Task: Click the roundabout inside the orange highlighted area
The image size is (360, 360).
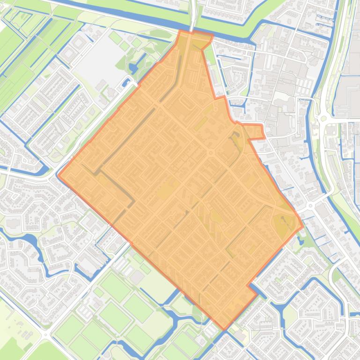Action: pyautogui.click(x=211, y=153)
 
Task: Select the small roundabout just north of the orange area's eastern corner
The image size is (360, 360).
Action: pyautogui.click(x=310, y=206)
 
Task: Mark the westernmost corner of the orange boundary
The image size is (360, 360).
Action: pyautogui.click(x=58, y=175)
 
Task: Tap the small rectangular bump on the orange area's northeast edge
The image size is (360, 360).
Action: pyautogui.click(x=255, y=132)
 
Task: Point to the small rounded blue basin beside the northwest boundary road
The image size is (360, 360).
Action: pyautogui.click(x=125, y=83)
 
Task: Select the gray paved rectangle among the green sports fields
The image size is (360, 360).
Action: pyautogui.click(x=137, y=277)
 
